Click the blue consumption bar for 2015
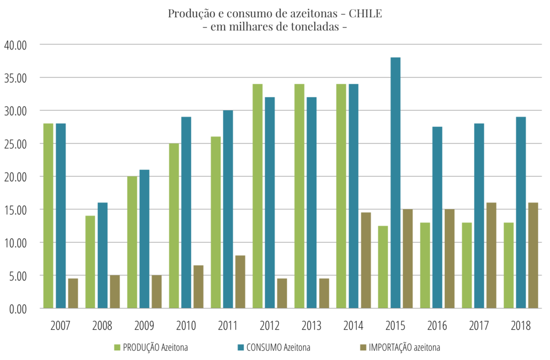point(395,183)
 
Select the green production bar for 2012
point(257,196)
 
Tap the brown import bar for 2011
point(240,282)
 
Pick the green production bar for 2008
point(90,262)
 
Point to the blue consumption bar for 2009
point(144,239)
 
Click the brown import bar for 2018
point(533,255)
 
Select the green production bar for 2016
point(425,265)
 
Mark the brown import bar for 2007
point(73,293)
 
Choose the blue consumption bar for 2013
point(312,203)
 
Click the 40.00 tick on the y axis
point(16,45)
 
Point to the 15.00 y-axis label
point(16,210)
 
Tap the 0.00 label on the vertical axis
point(18,309)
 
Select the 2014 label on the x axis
point(353,326)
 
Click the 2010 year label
point(186,326)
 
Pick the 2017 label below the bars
point(479,326)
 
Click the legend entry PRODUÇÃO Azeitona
point(151,347)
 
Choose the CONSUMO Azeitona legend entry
point(274,347)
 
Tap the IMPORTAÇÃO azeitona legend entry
point(400,347)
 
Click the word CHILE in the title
point(365,13)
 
